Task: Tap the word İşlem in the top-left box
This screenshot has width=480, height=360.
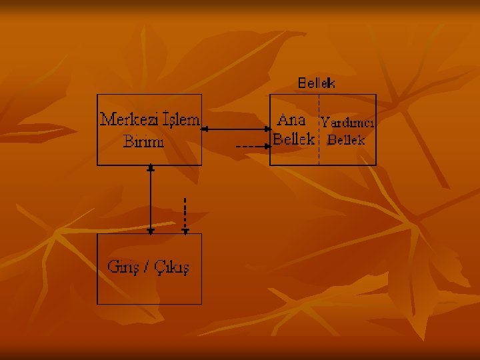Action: point(179,120)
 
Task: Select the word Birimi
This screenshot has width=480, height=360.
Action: point(144,141)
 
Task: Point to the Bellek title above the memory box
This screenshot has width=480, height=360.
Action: point(317,83)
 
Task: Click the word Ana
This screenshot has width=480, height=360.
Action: point(291,120)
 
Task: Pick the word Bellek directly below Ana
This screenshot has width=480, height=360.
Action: point(293,140)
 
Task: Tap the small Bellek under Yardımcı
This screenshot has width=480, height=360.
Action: point(347,140)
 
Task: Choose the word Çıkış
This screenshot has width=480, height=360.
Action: point(173,268)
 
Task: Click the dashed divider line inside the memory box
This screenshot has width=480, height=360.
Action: point(319,130)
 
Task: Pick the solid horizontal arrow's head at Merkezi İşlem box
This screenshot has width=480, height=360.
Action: point(205,129)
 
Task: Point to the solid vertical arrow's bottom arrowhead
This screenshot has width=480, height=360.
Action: point(151,230)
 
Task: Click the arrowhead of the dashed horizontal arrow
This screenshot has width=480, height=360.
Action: point(267,145)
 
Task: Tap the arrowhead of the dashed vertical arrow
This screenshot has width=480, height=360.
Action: point(185,231)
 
